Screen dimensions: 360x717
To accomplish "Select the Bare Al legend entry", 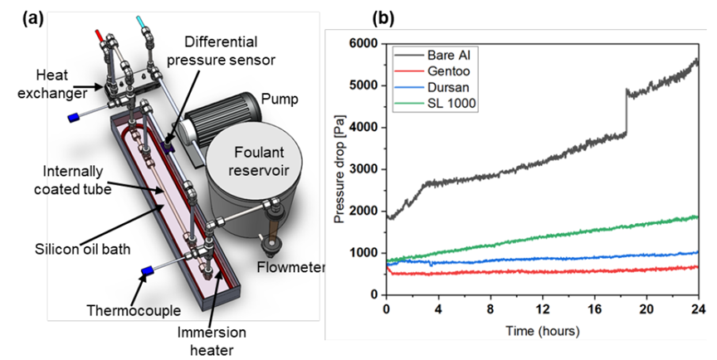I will (x=447, y=55).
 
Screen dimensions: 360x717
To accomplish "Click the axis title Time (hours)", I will (x=541, y=329).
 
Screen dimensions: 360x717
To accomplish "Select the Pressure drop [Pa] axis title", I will (x=339, y=169).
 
